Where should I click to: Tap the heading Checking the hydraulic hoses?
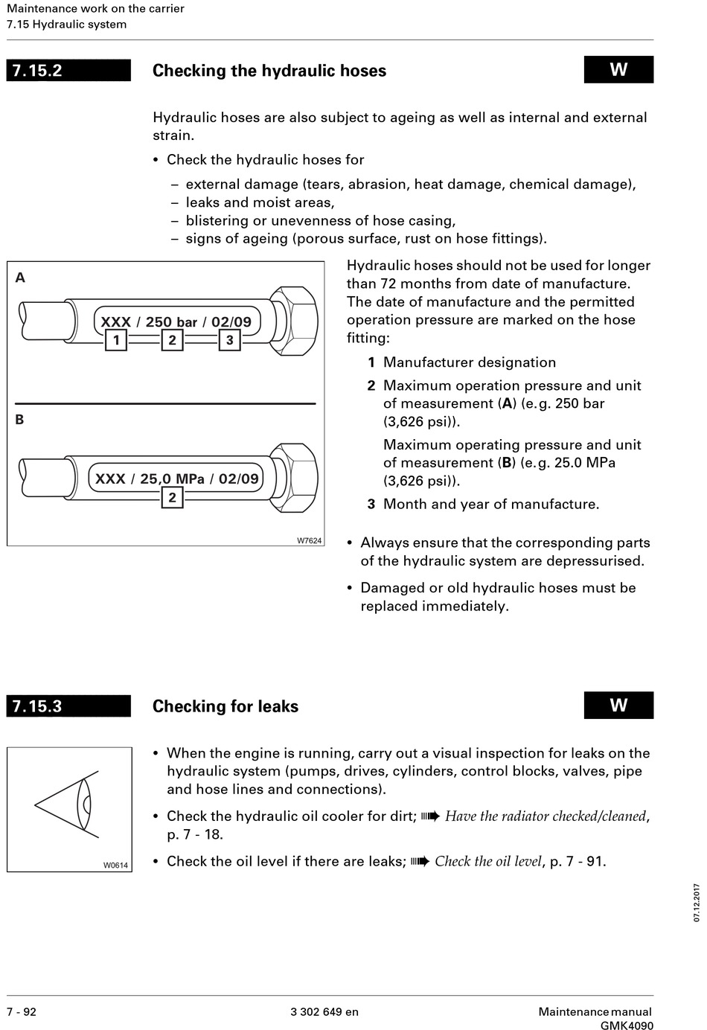269,71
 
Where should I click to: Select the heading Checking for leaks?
225,706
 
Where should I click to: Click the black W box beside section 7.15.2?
618,70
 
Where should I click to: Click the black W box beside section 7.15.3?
618,706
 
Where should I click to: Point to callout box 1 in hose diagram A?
116,340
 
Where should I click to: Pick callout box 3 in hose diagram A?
229,340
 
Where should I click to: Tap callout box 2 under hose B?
172,497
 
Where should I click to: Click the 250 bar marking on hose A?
171,322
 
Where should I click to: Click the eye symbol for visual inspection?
68,805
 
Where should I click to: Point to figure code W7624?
309,540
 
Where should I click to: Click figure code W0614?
115,865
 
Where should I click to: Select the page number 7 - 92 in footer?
22,1011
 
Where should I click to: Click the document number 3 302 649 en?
324,1011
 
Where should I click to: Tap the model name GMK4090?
627,1026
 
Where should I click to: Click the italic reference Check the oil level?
488,861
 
